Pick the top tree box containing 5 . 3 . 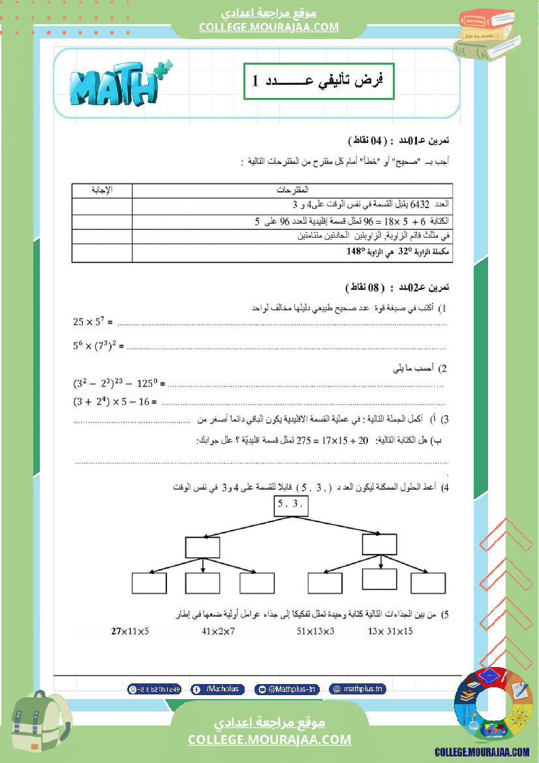[x=290, y=506]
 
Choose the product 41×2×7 [x=219, y=631]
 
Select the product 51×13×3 [x=315, y=631]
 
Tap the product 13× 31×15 [x=390, y=631]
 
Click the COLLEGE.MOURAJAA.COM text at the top [x=269, y=27]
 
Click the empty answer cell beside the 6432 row [x=102, y=205]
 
